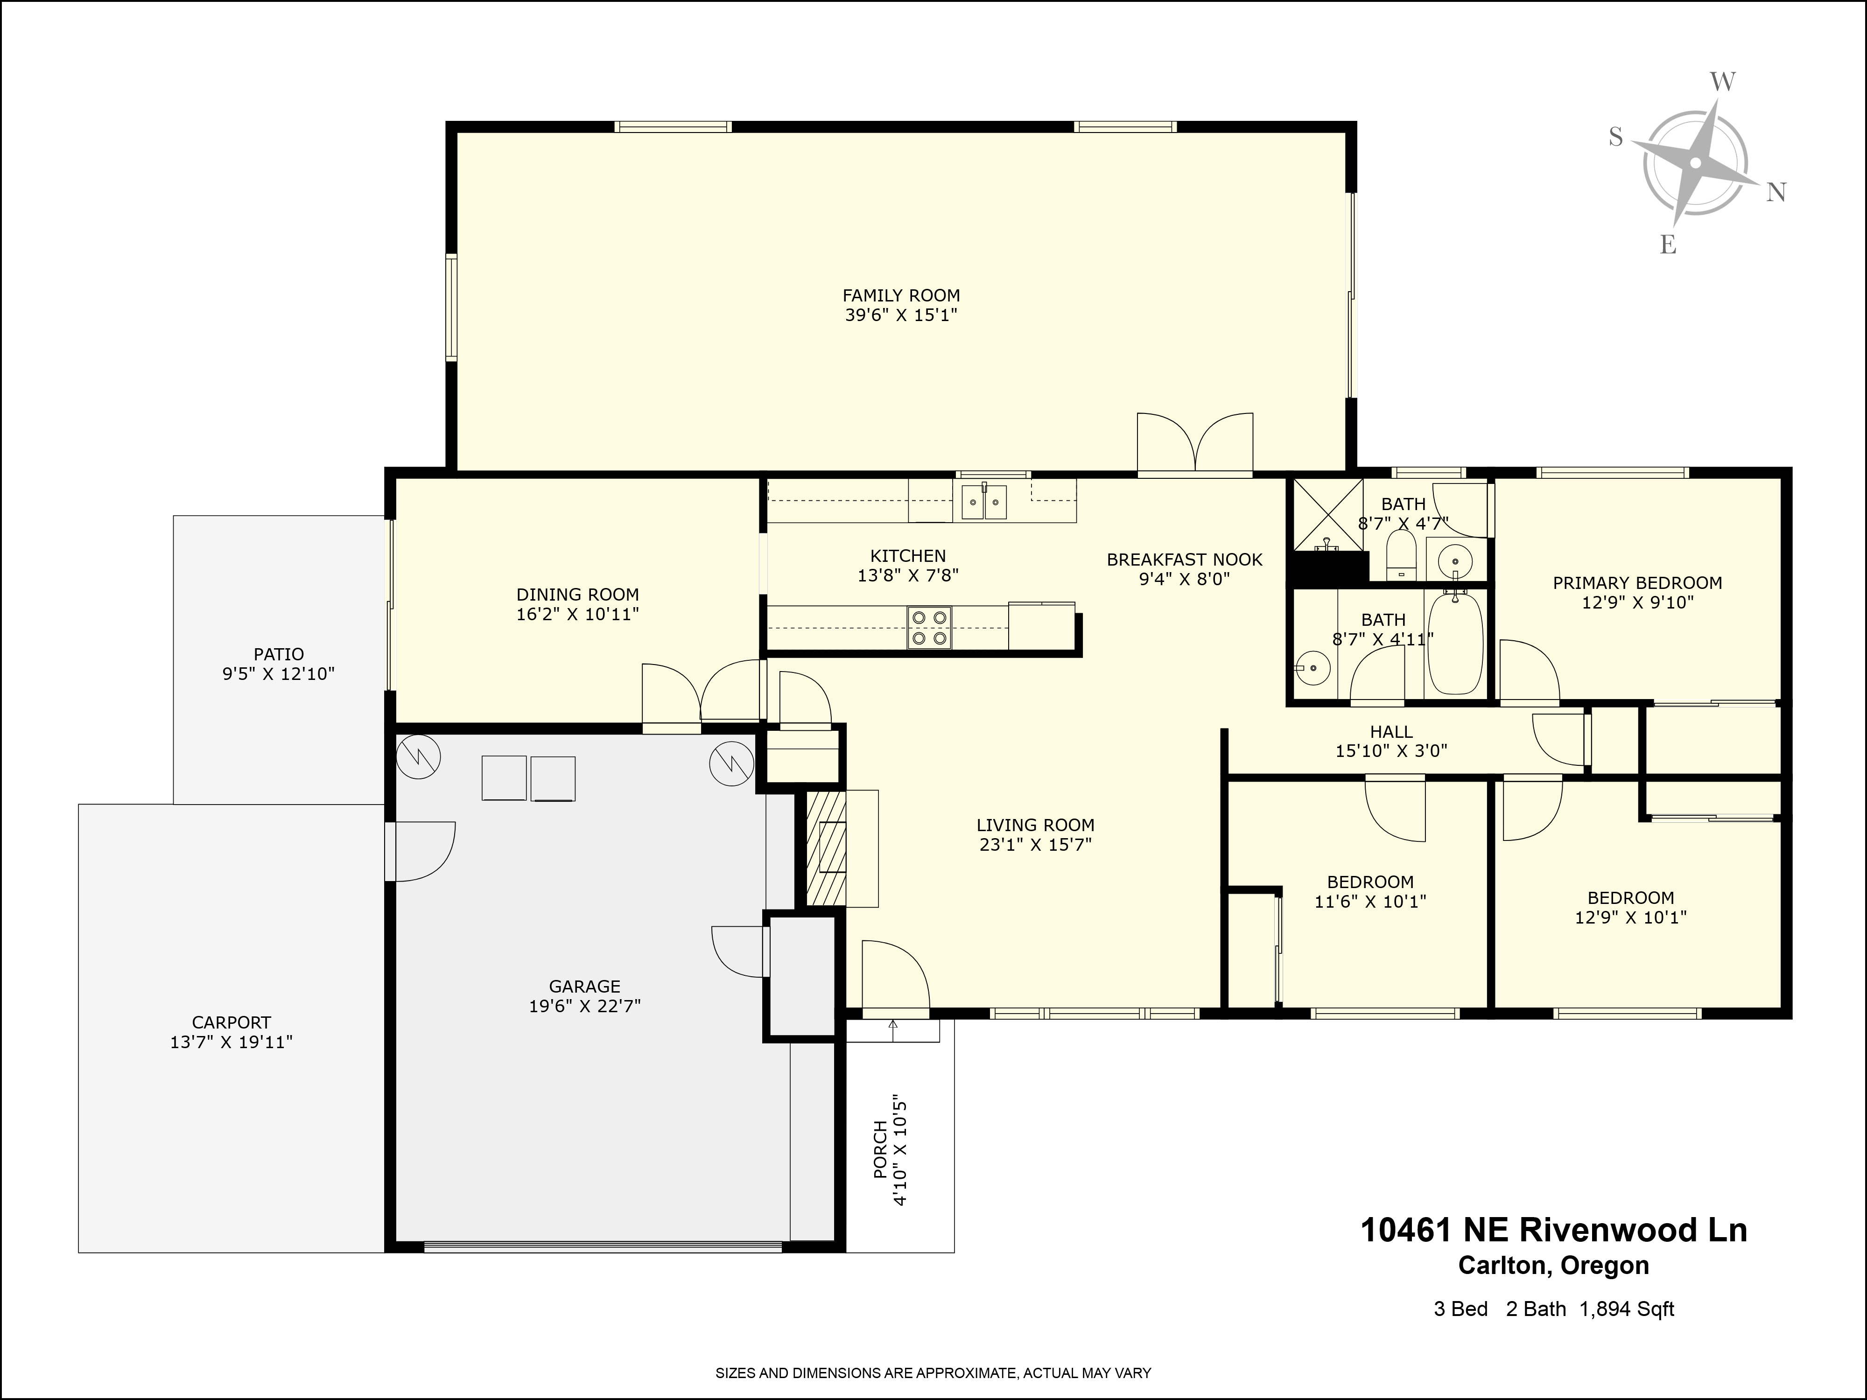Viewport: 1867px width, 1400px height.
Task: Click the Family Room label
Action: pos(901,295)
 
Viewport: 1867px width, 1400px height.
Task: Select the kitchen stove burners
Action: pos(929,628)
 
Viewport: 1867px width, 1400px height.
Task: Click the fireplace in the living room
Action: pos(826,848)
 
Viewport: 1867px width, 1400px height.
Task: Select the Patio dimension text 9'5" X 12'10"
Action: pos(279,674)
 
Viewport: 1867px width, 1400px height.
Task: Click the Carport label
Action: pos(231,1022)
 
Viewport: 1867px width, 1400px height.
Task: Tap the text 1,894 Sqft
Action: pos(1627,1309)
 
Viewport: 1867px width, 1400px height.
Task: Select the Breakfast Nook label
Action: pos(1184,560)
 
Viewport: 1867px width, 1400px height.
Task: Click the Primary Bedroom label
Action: pos(1637,582)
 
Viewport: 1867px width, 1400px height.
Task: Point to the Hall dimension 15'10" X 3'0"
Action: pos(1391,751)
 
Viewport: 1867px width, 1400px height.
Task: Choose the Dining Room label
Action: pos(577,594)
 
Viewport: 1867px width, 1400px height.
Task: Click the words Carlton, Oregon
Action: pos(1554,1266)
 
